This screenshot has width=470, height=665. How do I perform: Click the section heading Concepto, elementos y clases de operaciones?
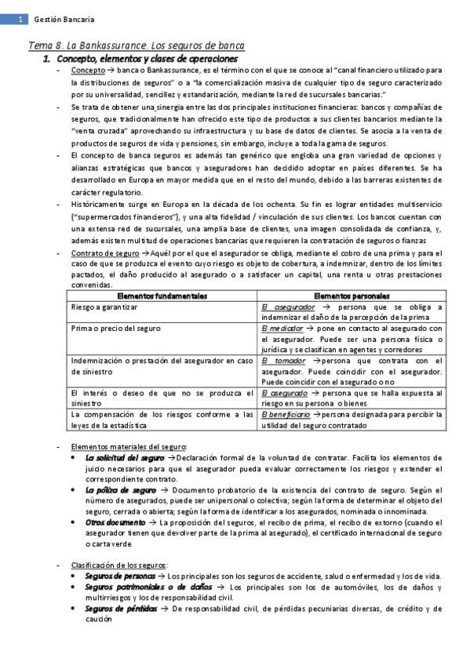click(144, 59)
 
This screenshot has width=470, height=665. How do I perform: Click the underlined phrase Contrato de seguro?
click(104, 253)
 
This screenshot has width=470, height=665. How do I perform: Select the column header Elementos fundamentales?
click(162, 296)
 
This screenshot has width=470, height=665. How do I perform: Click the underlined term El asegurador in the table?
click(288, 307)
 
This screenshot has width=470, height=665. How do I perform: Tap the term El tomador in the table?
click(285, 360)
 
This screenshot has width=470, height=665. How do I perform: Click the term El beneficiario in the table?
click(290, 413)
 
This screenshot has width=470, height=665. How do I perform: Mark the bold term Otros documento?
click(115, 521)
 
